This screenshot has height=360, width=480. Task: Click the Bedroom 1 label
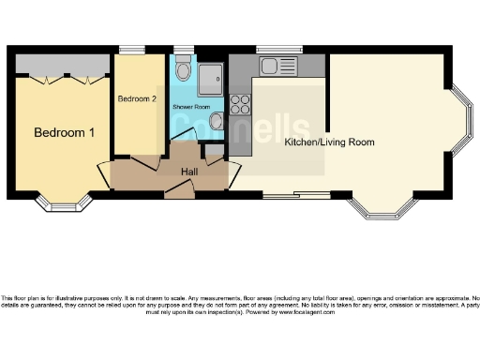point(65,133)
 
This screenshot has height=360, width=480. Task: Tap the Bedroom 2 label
point(137,97)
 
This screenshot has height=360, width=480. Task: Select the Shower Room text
point(190,107)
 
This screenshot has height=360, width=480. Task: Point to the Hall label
point(188,172)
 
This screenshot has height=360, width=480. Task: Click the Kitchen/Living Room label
point(329,142)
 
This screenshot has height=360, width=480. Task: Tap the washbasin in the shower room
point(217,121)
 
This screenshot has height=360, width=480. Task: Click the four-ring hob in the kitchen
point(240,104)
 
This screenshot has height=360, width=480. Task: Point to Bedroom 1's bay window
point(65,202)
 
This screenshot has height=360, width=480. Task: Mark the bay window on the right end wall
point(463,120)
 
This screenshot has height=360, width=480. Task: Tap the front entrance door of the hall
point(179,193)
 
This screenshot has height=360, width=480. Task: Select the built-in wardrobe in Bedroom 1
point(63,66)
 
